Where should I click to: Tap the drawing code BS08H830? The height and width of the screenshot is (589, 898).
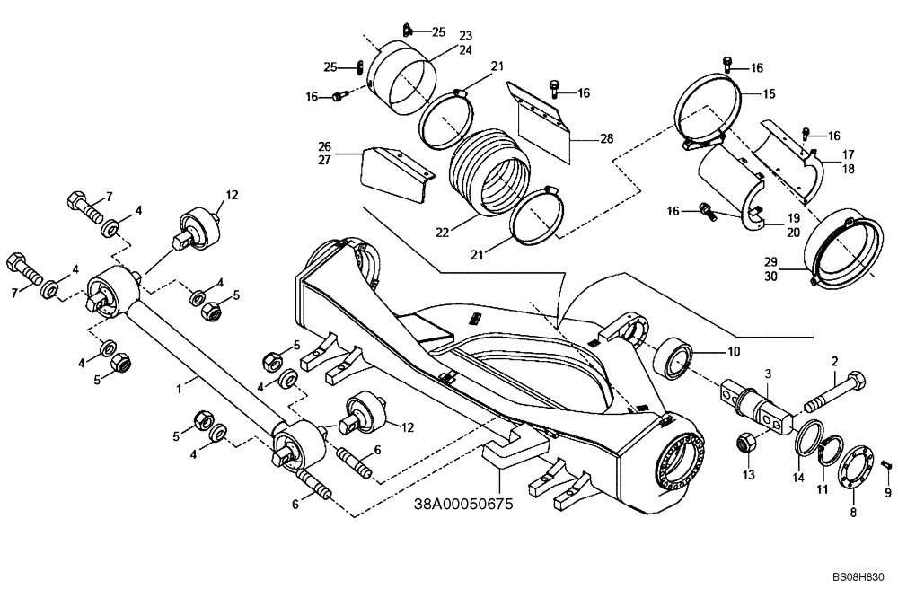coord(858,578)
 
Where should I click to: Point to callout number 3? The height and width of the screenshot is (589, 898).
coord(768,373)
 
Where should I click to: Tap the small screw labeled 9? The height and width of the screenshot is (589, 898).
coord(885,464)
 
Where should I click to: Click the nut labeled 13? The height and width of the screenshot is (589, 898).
coord(745,443)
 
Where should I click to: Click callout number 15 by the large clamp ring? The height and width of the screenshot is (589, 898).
coord(769,93)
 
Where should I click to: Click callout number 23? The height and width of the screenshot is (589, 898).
coord(465,36)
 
